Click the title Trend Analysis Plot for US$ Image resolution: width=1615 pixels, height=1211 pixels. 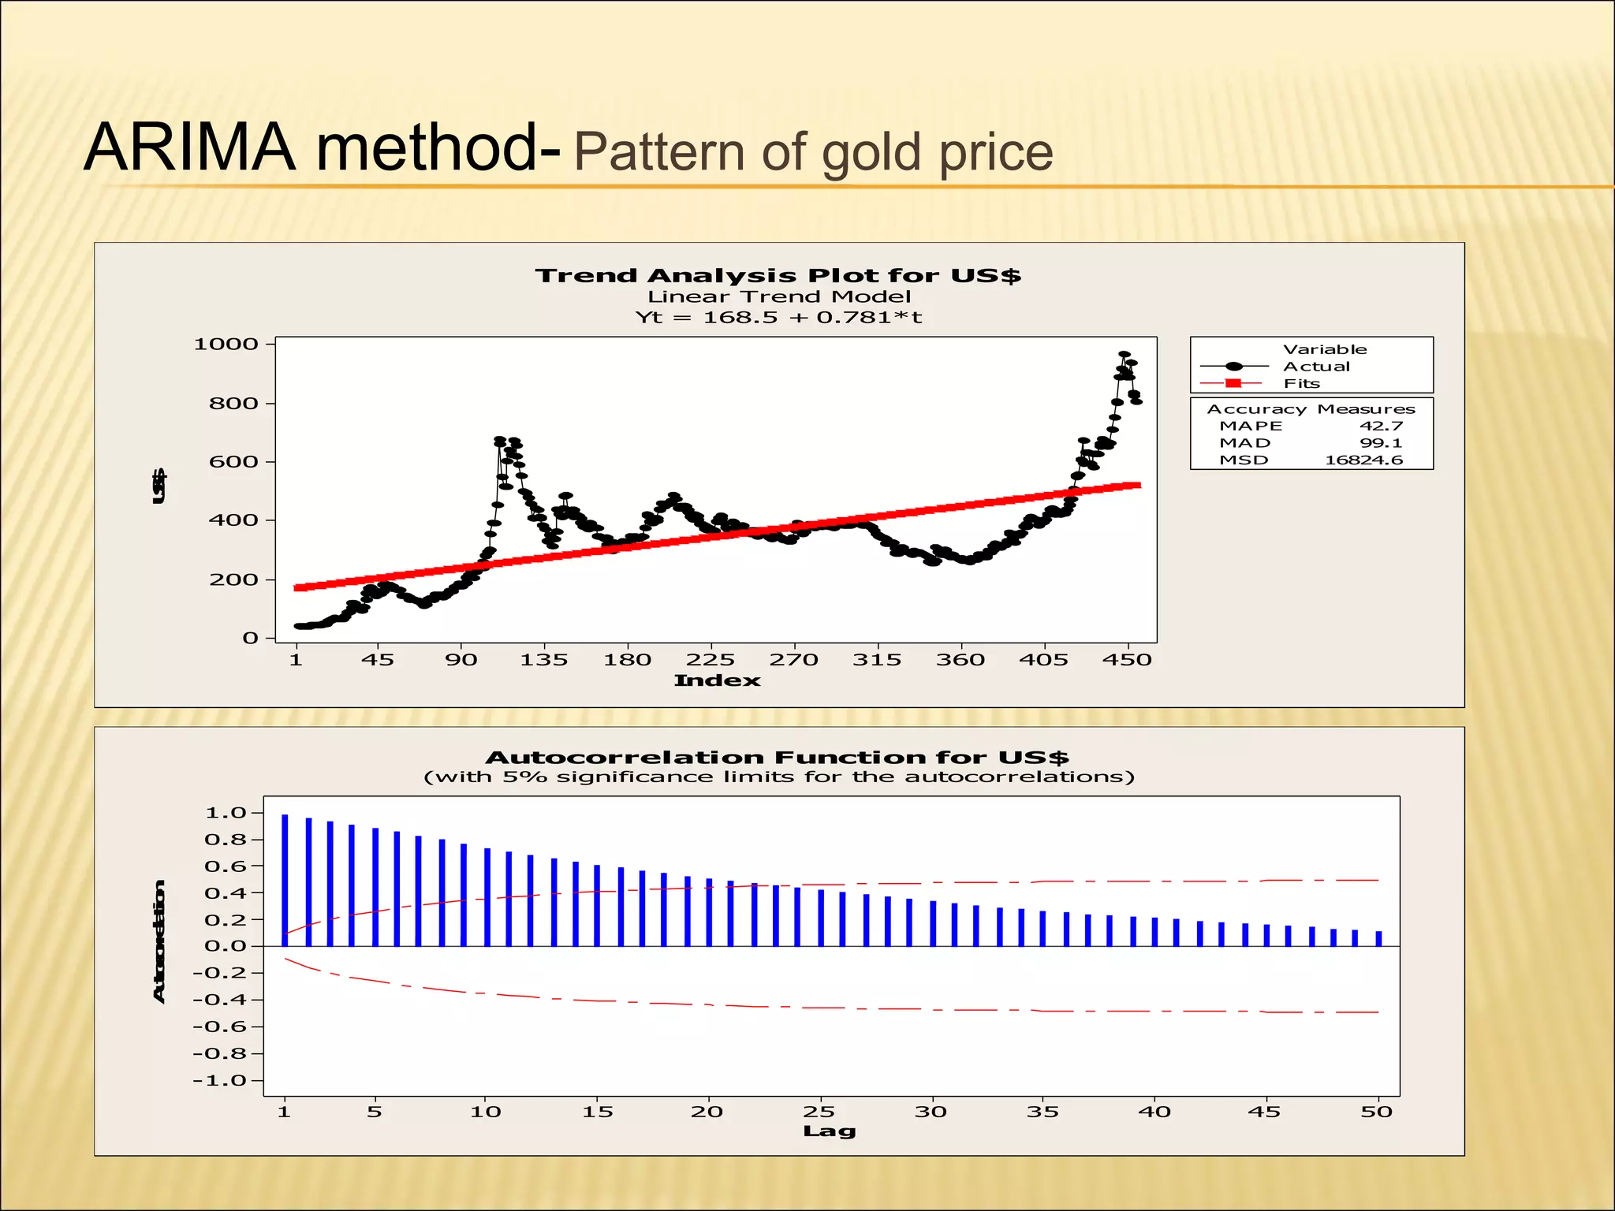(778, 276)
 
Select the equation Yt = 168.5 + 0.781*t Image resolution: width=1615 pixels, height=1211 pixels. (778, 318)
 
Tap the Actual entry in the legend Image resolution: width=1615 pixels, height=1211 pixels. (1316, 367)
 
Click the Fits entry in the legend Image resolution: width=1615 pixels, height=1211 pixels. (1301, 384)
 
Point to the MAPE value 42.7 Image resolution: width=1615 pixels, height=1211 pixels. (1381, 426)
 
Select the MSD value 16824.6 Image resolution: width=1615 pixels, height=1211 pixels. (1363, 460)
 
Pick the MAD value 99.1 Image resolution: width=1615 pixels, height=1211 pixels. (1381, 443)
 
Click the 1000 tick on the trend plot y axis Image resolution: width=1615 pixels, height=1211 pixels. (226, 344)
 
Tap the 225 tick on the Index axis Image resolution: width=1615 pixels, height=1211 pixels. (710, 660)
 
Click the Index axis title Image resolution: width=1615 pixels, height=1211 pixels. (717, 680)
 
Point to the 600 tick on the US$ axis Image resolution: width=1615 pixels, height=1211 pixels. (233, 462)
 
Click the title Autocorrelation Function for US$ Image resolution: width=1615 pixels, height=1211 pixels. (777, 758)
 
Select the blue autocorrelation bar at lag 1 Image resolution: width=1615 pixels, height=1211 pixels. (285, 879)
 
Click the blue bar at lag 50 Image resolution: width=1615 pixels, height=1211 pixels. (1378, 938)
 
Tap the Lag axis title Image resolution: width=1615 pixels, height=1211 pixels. (829, 1131)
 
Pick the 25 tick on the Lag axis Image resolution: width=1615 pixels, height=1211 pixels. (819, 1112)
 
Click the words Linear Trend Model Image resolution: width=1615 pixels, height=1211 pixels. (778, 297)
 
